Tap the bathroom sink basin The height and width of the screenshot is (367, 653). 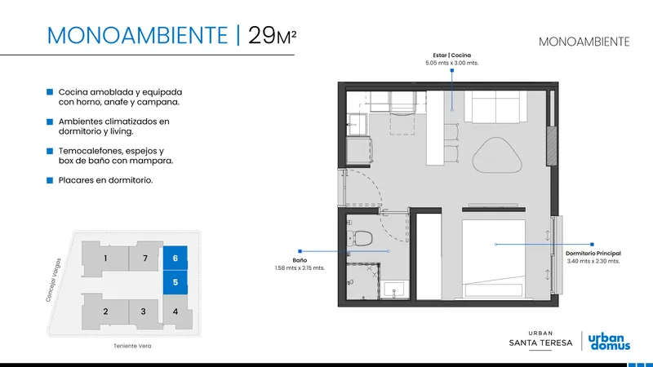pos(394,290)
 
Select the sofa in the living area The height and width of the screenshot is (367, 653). pos(495,107)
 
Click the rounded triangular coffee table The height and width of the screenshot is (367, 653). pos(497,155)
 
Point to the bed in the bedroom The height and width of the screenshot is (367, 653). pos(494,259)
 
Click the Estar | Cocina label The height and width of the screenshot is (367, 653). pos(452,55)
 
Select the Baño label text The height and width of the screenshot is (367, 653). pos(300,260)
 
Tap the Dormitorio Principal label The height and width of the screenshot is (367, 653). pos(593,253)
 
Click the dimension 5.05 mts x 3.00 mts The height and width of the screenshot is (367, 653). pos(452,63)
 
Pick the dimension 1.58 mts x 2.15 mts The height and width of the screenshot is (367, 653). pos(300,268)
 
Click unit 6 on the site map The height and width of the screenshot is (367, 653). pos(175,258)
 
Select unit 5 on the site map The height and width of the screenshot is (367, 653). pos(175,282)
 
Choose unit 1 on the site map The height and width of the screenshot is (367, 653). pos(105,259)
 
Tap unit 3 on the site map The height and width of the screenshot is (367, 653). pos(144,312)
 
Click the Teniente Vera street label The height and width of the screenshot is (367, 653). pos(132,346)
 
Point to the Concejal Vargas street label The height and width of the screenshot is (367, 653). pos(53,280)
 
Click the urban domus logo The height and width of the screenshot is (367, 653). pos(609,341)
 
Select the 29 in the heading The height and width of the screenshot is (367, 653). pos(261,35)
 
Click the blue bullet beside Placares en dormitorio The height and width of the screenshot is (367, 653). pos(50,180)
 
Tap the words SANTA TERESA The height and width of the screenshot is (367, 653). pos(540,343)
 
